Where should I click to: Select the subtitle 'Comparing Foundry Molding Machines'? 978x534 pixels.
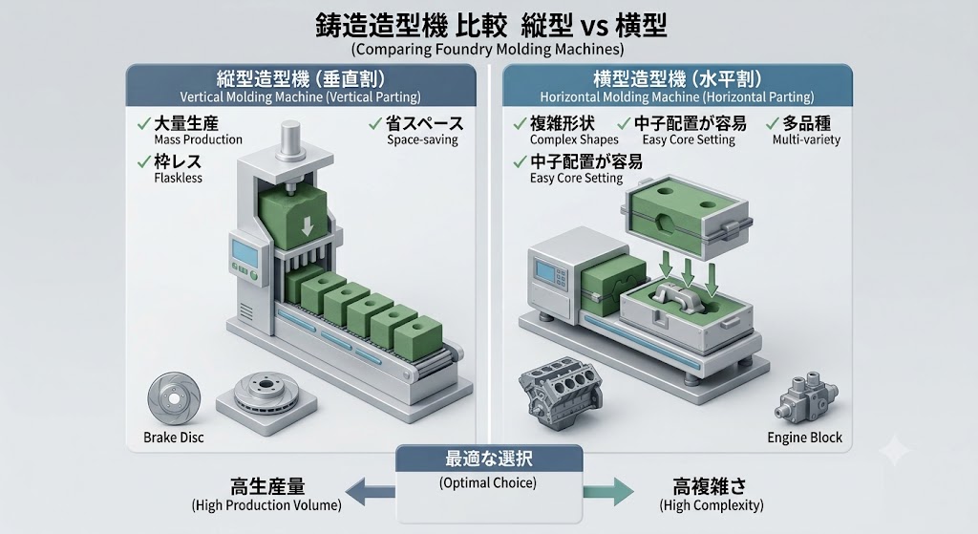[487, 49]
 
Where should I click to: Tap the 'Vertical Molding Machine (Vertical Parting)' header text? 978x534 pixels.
[300, 97]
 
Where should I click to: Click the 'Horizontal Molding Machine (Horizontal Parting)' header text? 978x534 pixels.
[677, 97]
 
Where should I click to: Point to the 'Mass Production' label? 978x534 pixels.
[199, 139]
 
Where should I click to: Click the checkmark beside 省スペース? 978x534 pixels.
[374, 123]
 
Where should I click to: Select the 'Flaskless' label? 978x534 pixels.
[179, 178]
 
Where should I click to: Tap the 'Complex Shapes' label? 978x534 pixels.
[574, 139]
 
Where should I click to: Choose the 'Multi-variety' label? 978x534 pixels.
[806, 139]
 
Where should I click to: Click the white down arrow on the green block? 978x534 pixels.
[307, 226]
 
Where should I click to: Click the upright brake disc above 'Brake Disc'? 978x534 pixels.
[174, 398]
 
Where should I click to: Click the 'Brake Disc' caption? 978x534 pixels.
[174, 438]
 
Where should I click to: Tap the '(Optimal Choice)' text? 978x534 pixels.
[488, 482]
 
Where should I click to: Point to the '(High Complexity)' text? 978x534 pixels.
[711, 504]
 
